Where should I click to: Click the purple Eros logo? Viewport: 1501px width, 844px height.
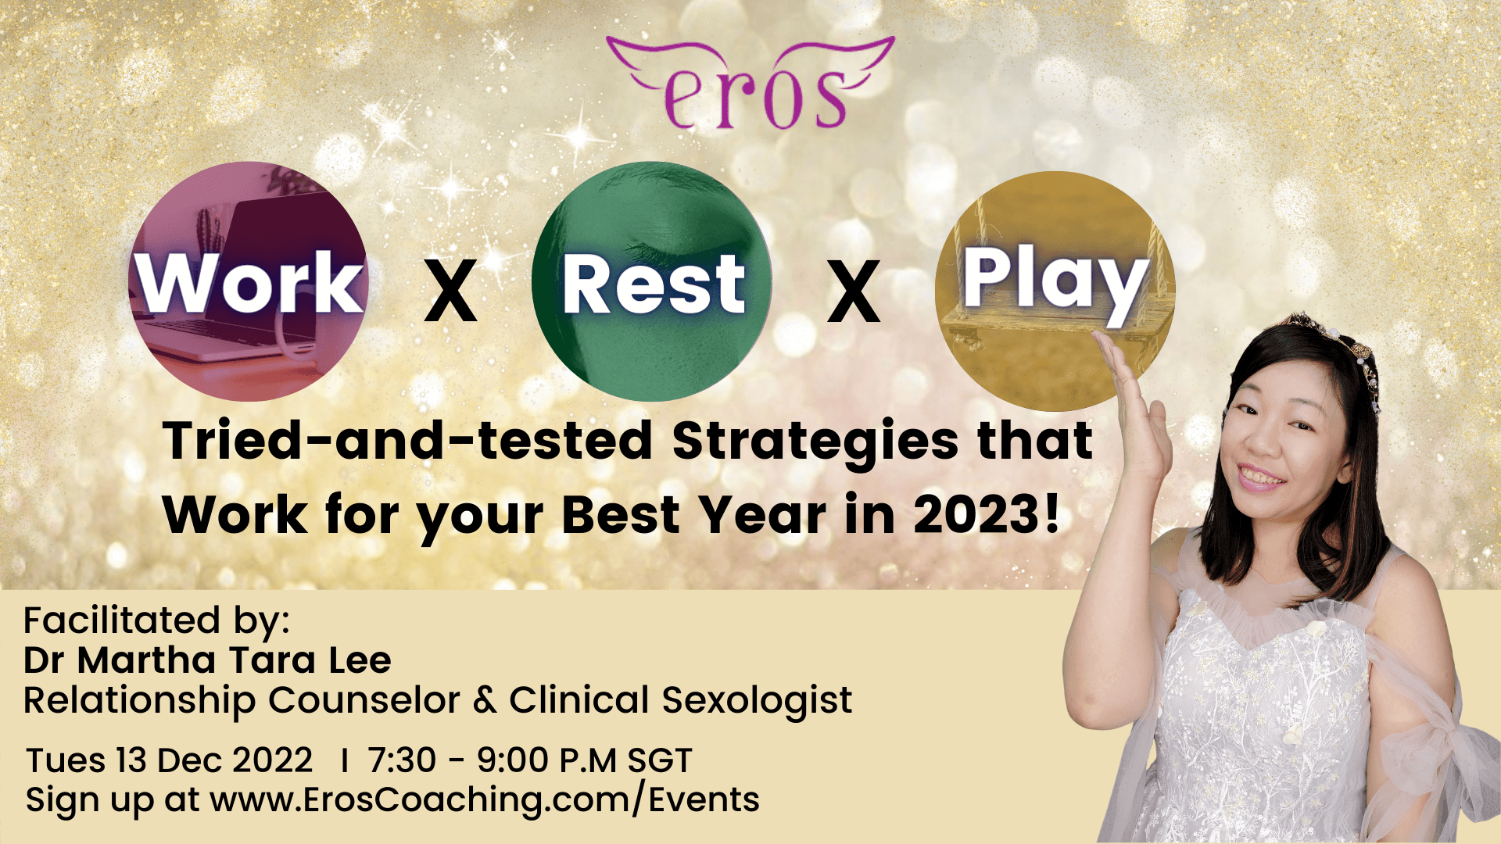click(750, 82)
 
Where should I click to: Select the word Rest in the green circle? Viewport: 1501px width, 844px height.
click(654, 284)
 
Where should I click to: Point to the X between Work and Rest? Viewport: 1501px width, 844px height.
click(451, 292)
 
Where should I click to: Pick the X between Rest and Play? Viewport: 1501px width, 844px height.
click(854, 292)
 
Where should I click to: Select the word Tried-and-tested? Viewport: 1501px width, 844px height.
click(408, 441)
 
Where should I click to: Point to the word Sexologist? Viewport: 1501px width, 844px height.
click(757, 700)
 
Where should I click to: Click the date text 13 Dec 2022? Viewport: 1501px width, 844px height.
click(213, 760)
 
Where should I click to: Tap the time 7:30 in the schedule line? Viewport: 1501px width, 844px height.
click(402, 760)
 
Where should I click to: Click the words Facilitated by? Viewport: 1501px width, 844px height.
click(156, 620)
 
